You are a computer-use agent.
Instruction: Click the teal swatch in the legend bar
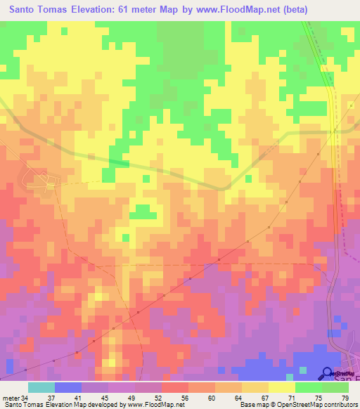[x=41, y=387]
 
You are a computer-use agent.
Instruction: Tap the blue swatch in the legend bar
[x=68, y=387]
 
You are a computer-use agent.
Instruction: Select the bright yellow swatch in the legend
[x=282, y=387]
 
